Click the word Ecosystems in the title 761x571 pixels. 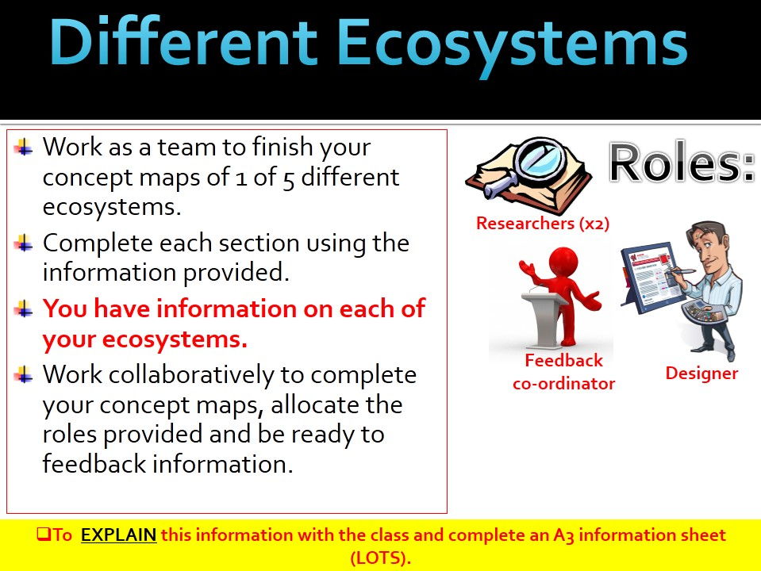(x=512, y=44)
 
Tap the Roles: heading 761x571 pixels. (x=682, y=163)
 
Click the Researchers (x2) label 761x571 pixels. (x=543, y=224)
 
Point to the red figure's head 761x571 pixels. (x=563, y=263)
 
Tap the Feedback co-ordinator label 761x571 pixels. (x=563, y=372)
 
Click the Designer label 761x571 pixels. (x=701, y=373)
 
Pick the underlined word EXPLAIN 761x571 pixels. (x=118, y=535)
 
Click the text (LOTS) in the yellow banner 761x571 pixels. (x=381, y=558)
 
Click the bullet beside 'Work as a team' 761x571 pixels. (x=23, y=147)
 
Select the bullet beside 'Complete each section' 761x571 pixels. (x=23, y=243)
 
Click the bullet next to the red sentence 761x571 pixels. (x=23, y=308)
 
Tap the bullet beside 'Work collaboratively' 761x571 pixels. (x=23, y=374)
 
